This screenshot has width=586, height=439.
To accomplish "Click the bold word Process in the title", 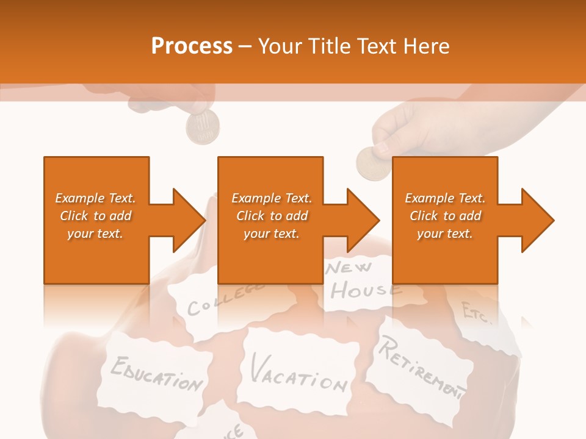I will click(192, 46).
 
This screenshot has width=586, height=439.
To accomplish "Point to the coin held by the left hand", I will click(203, 128).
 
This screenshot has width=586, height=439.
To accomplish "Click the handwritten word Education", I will click(157, 373).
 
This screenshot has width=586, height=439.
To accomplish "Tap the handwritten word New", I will click(350, 268).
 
